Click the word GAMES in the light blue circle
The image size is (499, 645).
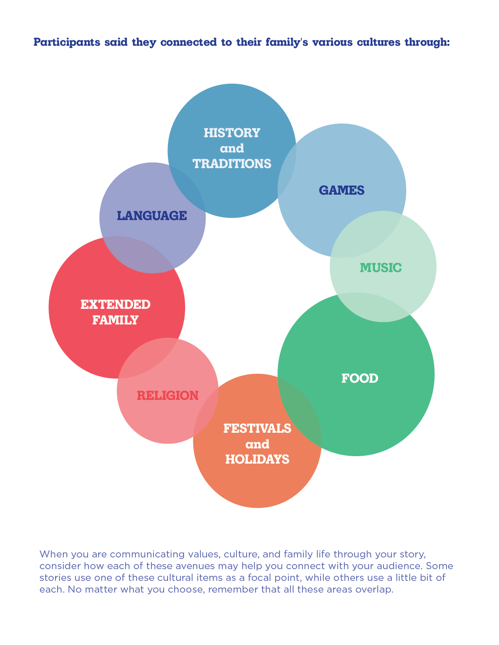tap(342, 191)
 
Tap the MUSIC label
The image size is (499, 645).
tap(380, 268)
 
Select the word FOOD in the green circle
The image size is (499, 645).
tap(360, 378)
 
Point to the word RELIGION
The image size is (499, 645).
tap(168, 396)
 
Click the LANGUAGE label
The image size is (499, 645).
tap(152, 216)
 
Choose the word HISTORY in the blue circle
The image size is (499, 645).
tap(232, 133)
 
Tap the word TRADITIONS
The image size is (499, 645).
tap(232, 164)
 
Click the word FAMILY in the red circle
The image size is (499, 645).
tap(115, 320)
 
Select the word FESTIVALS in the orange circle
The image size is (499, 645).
tap(257, 428)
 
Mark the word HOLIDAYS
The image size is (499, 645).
tap(257, 459)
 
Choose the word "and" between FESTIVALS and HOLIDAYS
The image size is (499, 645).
tap(257, 444)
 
